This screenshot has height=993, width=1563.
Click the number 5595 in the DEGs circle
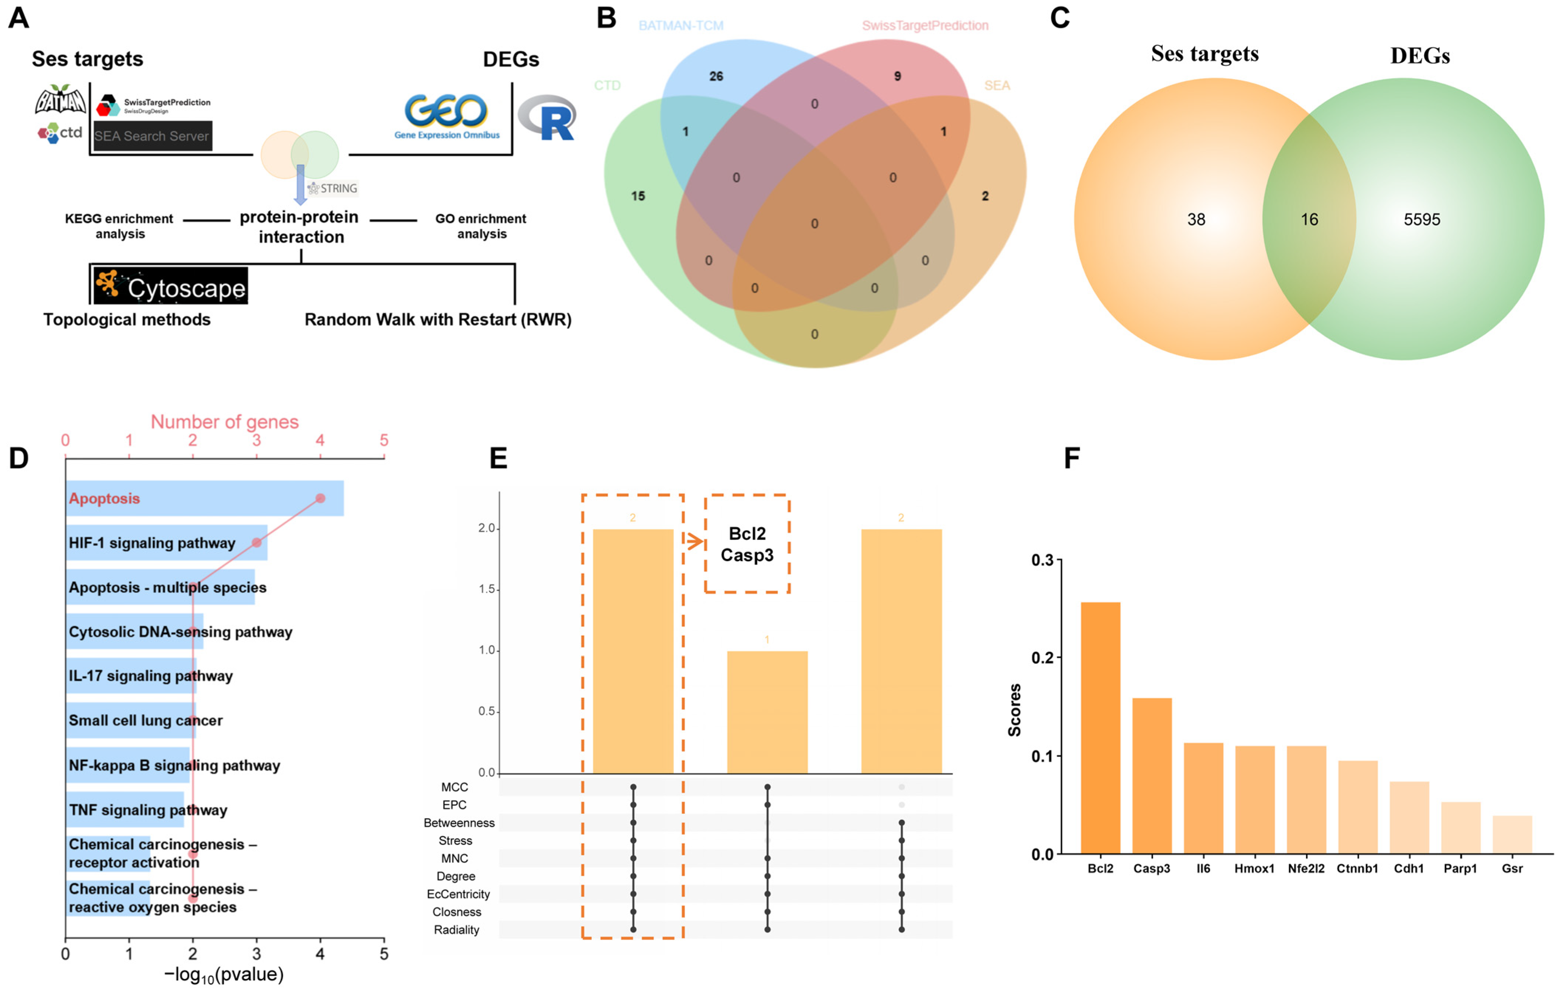pos(1422,219)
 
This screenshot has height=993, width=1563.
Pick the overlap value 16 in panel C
pos(1309,219)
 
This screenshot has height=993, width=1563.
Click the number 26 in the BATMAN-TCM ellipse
pos(716,76)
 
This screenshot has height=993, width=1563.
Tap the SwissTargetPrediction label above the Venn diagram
pos(925,26)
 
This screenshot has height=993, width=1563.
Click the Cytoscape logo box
pos(170,286)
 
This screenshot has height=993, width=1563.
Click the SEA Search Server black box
pos(152,136)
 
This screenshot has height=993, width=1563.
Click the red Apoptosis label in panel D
pos(104,498)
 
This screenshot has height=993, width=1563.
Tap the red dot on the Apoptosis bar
pos(320,498)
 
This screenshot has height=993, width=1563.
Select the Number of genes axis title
pos(224,422)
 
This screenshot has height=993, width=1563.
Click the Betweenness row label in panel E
pos(459,823)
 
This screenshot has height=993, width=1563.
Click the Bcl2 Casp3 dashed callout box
pos(747,543)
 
